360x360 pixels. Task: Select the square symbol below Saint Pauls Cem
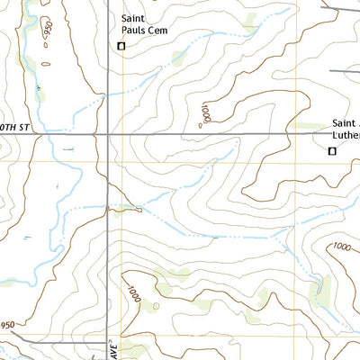121,46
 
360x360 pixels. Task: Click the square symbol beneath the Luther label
330,151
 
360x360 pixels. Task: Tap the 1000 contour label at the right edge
343,247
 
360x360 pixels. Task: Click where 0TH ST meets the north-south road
109,134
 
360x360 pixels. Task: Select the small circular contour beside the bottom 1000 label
156,307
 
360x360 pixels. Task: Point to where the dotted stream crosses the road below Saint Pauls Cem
109,91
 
